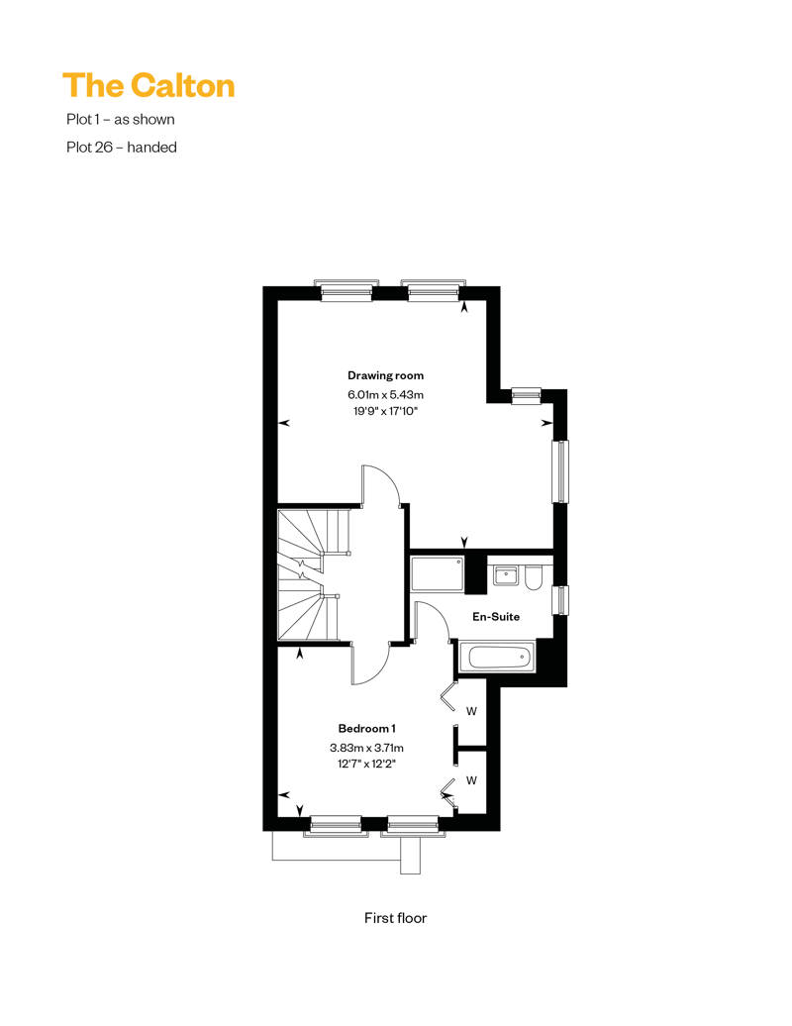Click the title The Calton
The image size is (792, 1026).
pyautogui.click(x=148, y=86)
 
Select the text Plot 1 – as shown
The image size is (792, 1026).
pyautogui.click(x=121, y=120)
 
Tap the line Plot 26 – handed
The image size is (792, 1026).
pyautogui.click(x=122, y=148)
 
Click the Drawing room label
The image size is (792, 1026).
pyautogui.click(x=385, y=375)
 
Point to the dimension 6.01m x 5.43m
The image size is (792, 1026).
pyautogui.click(x=385, y=394)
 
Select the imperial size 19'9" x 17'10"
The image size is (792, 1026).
pyautogui.click(x=385, y=412)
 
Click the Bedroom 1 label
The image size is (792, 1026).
pyautogui.click(x=366, y=728)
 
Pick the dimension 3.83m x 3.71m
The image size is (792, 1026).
pyautogui.click(x=366, y=748)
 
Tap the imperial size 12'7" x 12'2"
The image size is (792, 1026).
pyautogui.click(x=366, y=764)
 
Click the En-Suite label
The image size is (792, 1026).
pyautogui.click(x=496, y=616)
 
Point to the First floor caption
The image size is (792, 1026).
pyautogui.click(x=395, y=918)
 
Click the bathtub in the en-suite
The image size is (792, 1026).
pyautogui.click(x=497, y=657)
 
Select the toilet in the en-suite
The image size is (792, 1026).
pyautogui.click(x=534, y=578)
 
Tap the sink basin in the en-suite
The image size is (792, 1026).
pyautogui.click(x=506, y=575)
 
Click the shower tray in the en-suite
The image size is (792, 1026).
pyautogui.click(x=438, y=574)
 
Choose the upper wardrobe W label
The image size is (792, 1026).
pyautogui.click(x=471, y=711)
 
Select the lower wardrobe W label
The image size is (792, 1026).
pyautogui.click(x=471, y=780)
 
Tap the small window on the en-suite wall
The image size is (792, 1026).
pyautogui.click(x=560, y=600)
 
